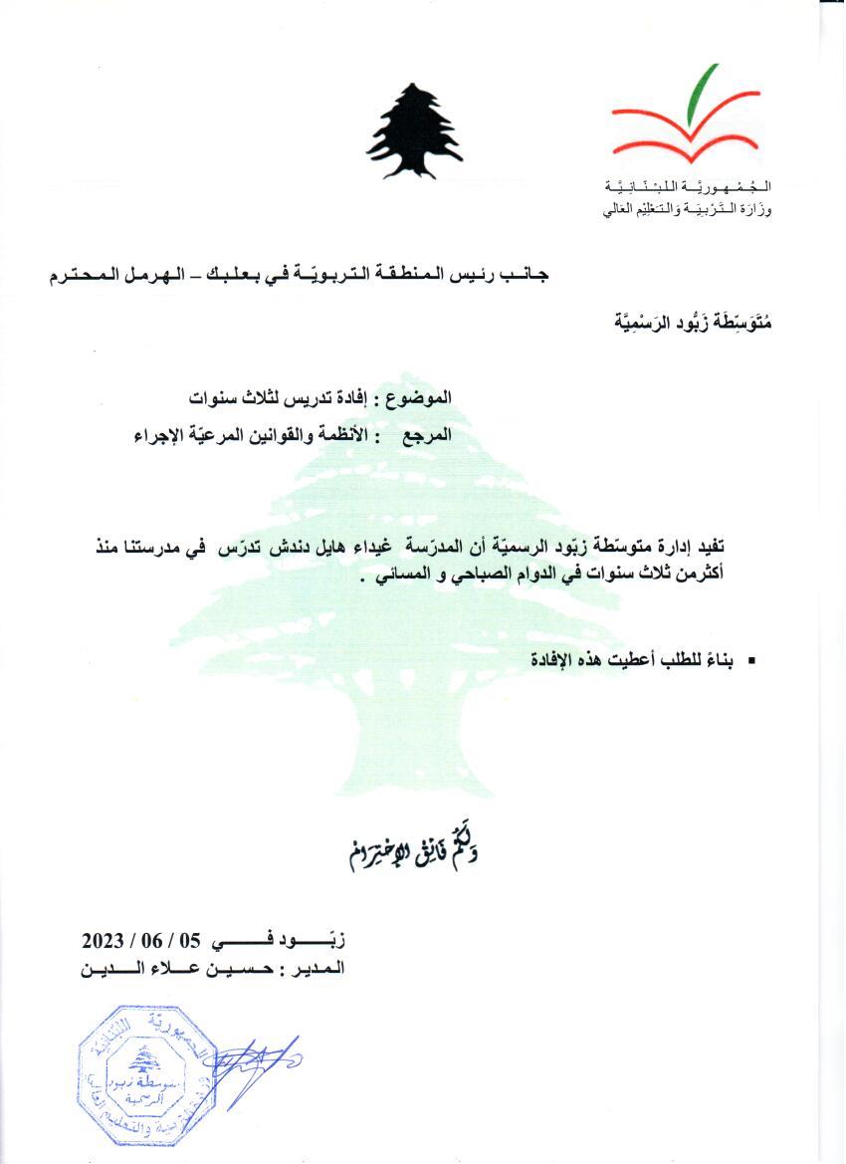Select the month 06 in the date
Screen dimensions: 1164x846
pos(156,940)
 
